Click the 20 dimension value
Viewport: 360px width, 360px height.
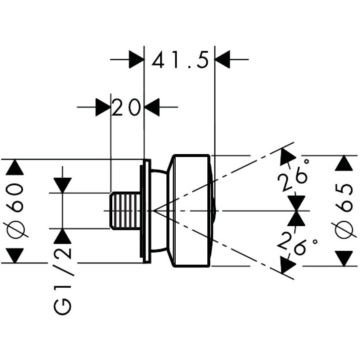(126, 107)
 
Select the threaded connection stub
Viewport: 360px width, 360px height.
(124, 211)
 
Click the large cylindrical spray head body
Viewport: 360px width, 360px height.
(191, 211)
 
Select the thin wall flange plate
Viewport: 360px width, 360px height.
(145, 211)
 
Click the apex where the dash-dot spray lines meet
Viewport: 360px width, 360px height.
(154, 210)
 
